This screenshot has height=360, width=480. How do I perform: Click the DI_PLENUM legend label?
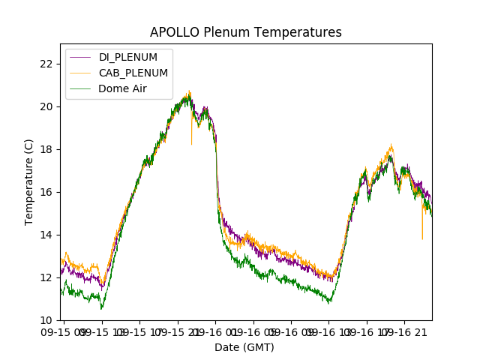[x=128, y=58]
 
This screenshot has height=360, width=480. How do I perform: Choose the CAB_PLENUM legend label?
[x=133, y=73]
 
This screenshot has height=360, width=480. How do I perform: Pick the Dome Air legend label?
[x=123, y=88]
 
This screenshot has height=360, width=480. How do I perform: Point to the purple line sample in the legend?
[x=80, y=58]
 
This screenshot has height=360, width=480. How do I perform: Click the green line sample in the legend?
[x=80, y=88]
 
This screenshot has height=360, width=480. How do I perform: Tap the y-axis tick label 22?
[x=46, y=64]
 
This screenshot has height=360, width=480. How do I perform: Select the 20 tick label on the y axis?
[x=46, y=106]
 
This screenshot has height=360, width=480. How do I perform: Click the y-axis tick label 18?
[x=46, y=149]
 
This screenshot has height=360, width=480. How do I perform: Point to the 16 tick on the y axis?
[x=46, y=192]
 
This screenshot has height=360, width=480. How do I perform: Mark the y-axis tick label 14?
[x=46, y=235]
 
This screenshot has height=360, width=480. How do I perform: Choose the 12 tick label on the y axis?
[x=46, y=277]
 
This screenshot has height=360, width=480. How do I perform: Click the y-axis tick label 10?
[x=46, y=320]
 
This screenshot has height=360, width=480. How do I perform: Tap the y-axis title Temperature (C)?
[x=29, y=182]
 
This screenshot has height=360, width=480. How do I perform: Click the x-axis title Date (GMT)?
[x=244, y=347]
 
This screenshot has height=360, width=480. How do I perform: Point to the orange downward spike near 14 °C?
[x=422, y=234]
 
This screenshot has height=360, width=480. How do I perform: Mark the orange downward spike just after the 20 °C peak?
[x=191, y=139]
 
